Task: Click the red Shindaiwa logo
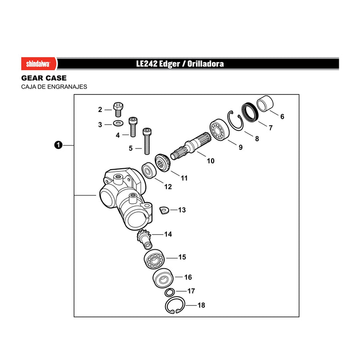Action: coord(39,63)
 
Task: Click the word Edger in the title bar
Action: coord(169,64)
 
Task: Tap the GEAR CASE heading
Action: coord(44,78)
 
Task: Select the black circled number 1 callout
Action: coord(58,145)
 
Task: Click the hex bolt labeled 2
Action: coord(118,109)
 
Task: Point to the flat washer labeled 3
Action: coord(118,123)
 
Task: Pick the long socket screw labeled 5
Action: coord(147,141)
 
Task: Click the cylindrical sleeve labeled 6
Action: coord(265,103)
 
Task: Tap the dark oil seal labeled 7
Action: coord(250,112)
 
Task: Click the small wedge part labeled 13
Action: coord(164,210)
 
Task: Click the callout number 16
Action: coord(188,277)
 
